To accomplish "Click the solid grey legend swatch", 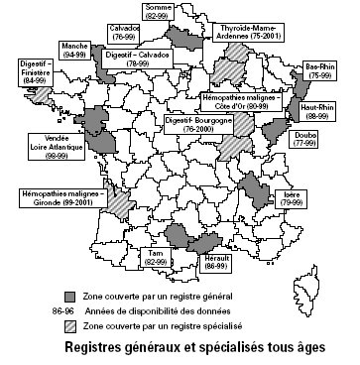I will (70, 296).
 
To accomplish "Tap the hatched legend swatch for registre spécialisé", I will (70, 322).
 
